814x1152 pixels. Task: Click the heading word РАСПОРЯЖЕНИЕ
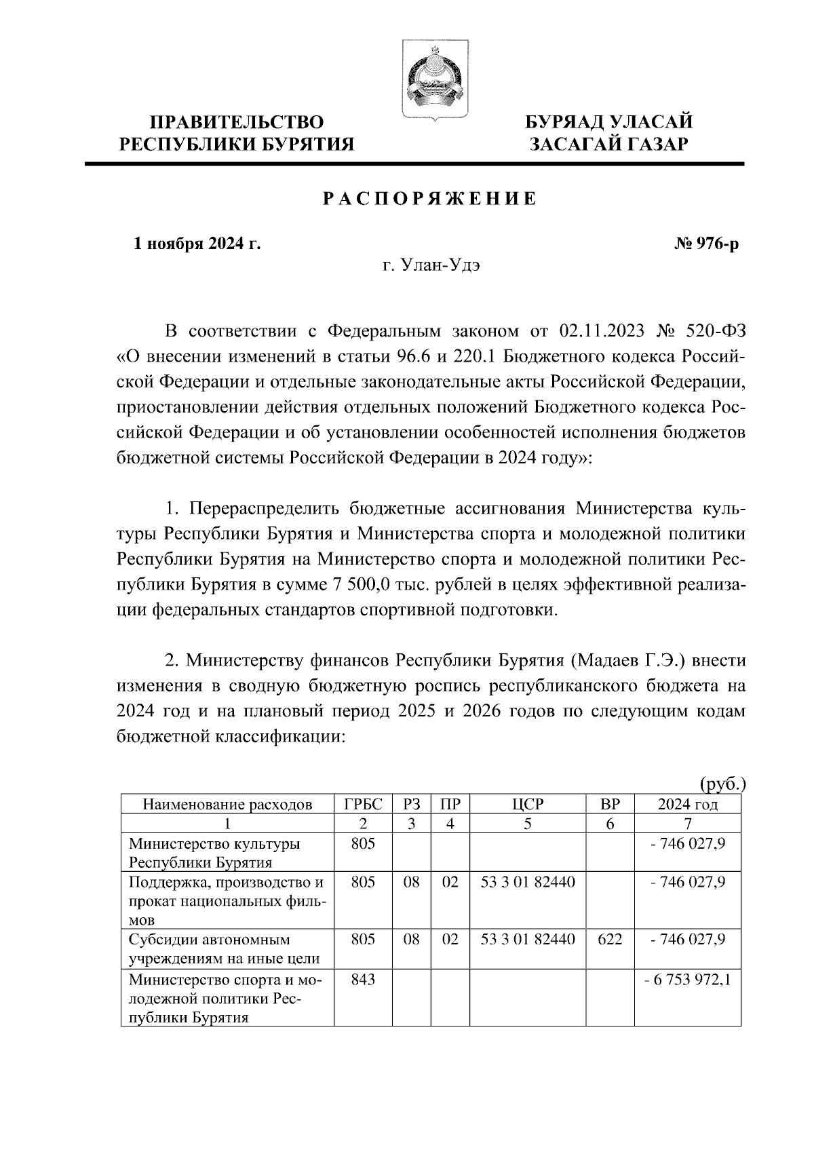(x=429, y=199)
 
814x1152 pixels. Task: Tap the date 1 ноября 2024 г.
(x=197, y=243)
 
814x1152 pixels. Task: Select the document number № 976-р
(x=706, y=243)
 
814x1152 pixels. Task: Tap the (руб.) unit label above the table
(x=722, y=784)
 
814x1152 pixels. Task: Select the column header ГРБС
(x=363, y=805)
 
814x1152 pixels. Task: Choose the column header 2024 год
(x=687, y=805)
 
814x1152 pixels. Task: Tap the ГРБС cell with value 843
(x=363, y=980)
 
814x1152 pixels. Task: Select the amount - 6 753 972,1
(x=687, y=980)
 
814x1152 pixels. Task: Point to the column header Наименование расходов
(x=227, y=805)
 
